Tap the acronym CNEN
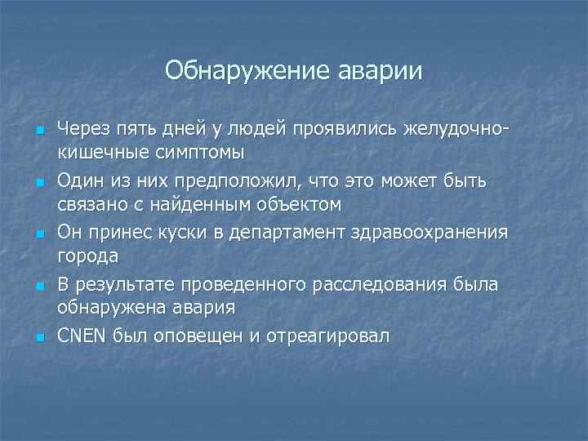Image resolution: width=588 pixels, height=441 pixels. click(82, 336)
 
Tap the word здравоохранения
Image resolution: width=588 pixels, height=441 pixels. click(432, 233)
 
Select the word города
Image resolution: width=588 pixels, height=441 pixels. click(87, 256)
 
